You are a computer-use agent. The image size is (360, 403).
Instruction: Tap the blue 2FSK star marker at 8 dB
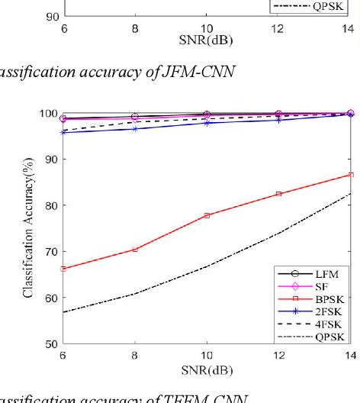135,129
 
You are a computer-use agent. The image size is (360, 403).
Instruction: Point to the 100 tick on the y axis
47,113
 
